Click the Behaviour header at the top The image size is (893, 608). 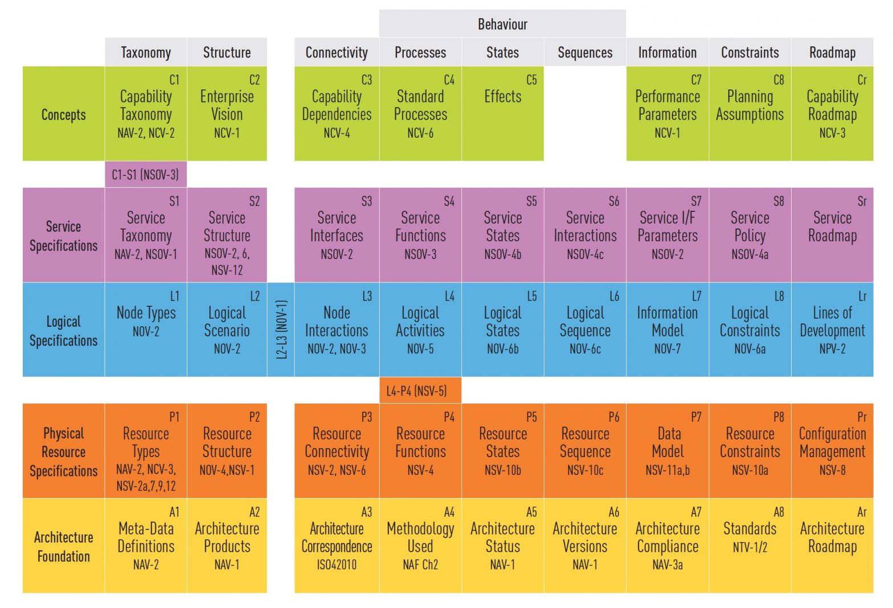502,24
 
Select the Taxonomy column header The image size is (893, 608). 146,52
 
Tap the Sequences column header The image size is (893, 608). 585,52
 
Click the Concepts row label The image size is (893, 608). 63,114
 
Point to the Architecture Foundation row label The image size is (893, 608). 63,546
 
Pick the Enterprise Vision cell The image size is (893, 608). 227,113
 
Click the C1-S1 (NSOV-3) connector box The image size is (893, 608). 145,175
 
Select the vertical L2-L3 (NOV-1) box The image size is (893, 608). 281,329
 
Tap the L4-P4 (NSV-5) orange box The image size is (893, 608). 420,391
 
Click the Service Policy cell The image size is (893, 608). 750,235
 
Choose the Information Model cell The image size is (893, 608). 667,330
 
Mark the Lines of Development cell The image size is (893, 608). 832,330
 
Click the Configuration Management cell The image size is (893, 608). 832,450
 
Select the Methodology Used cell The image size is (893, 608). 420,545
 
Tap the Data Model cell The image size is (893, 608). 667,450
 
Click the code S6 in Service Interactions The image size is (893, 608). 613,202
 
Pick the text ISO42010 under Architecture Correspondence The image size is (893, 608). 337,565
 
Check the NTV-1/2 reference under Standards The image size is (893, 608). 750,547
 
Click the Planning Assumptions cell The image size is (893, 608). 750,113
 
